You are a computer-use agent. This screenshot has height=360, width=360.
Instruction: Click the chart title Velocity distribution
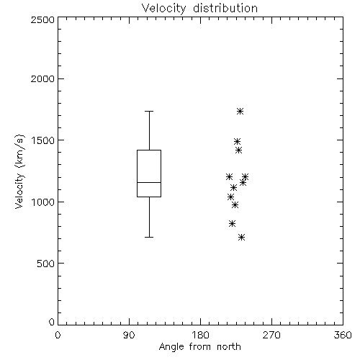coord(199,8)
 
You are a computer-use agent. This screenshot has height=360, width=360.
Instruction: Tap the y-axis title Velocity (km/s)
coord(19,171)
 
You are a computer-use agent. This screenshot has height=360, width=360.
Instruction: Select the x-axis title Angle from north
coord(199,347)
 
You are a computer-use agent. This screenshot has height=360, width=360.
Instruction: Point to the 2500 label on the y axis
coord(42,19)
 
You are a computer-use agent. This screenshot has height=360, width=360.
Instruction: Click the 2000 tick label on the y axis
coord(42,78)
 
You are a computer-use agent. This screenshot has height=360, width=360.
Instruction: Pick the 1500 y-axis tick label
coord(43,140)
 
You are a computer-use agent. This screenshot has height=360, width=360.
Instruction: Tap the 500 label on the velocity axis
coord(46,264)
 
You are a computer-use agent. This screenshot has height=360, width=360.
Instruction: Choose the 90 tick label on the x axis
coord(129,335)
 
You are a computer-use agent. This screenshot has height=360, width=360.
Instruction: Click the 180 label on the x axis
coord(200,335)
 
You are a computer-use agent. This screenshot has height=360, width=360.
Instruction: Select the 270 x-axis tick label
coord(271,335)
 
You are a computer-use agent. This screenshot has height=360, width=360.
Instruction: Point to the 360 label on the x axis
coord(343,335)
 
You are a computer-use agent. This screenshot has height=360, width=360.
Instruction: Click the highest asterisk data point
coord(240,111)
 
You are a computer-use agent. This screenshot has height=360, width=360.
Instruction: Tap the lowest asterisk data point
coord(241,238)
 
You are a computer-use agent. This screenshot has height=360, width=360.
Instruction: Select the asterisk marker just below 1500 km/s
coord(237,141)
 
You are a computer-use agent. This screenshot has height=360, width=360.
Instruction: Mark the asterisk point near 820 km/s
coord(232,223)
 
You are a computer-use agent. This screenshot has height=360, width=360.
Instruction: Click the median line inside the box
coord(149,182)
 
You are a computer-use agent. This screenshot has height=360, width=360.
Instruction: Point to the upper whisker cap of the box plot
coord(149,111)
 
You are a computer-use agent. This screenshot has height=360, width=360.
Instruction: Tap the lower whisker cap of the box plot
coord(149,237)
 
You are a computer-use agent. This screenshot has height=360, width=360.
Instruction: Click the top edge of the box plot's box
coord(149,150)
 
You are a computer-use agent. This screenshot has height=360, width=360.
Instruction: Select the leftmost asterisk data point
coord(229,177)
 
